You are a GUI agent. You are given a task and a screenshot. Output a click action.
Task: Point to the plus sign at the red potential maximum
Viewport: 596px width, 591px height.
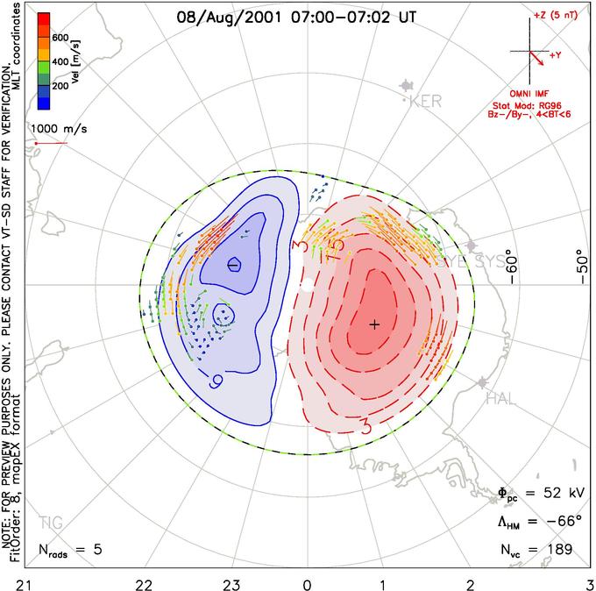coord(375,324)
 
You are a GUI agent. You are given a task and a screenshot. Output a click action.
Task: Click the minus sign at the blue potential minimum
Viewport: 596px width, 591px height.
coord(234,264)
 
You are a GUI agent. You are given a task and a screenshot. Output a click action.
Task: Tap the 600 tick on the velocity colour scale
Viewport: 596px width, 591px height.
coord(60,38)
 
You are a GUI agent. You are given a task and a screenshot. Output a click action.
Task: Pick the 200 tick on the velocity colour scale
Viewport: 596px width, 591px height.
coord(60,88)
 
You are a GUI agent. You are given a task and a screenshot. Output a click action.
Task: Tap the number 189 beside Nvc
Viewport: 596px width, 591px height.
coord(558,550)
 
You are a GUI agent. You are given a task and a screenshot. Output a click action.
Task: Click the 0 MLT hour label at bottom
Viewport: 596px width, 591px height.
coord(307,582)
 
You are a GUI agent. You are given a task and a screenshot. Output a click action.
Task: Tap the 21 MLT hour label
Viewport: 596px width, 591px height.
coord(11,582)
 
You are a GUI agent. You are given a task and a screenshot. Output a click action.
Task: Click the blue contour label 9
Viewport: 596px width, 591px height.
coord(216,381)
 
